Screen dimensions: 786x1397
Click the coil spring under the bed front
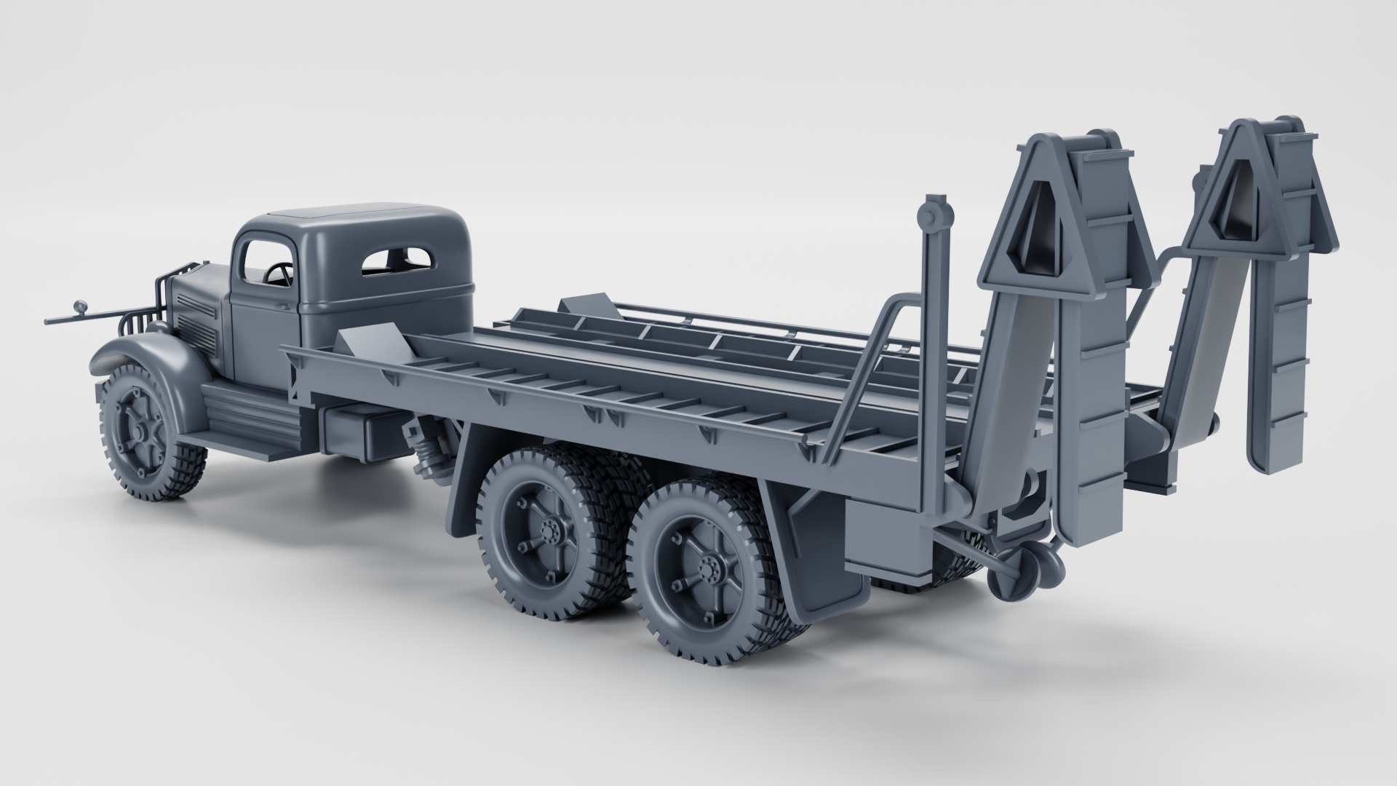[429, 455]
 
